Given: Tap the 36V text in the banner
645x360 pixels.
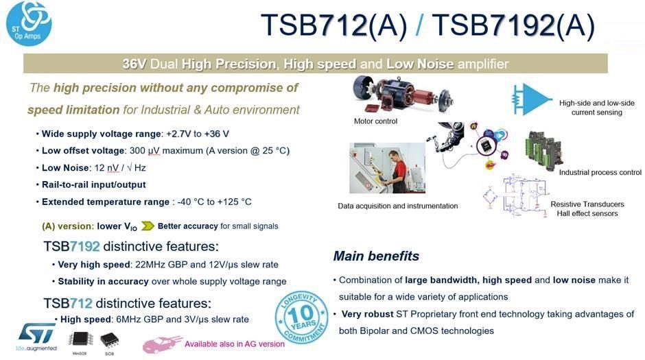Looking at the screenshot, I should click(136, 64).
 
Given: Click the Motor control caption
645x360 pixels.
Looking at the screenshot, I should click(375, 121).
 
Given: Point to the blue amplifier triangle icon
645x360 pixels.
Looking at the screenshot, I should click(527, 99).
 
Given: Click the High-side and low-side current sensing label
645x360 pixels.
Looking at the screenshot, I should click(596, 108).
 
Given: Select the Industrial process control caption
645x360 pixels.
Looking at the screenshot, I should click(600, 172).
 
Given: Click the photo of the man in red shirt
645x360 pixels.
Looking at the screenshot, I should click(387, 168).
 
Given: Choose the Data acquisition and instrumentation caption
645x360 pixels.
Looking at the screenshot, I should click(397, 206).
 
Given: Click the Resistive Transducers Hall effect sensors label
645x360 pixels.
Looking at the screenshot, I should click(587, 208).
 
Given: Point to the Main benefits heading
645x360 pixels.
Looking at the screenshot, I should click(376, 256).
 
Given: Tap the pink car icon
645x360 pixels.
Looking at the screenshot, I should click(162, 344).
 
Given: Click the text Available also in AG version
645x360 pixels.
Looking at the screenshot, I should click(234, 344).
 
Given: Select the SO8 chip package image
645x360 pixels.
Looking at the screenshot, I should click(108, 339).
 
